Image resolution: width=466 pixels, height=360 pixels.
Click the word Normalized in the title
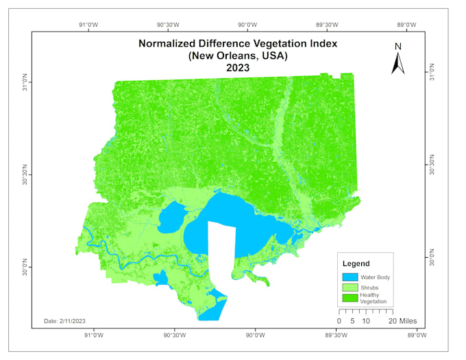(171, 43)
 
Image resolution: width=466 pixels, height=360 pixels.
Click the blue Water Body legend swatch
(350, 276)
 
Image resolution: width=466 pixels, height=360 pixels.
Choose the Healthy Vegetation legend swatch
(350, 298)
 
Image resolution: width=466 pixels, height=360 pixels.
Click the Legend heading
(356, 263)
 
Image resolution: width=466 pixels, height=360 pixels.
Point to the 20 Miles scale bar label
(402, 321)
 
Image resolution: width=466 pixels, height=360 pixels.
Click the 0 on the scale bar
(339, 321)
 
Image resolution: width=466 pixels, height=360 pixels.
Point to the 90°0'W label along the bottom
(256, 335)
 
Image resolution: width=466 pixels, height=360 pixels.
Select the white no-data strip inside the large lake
(221, 254)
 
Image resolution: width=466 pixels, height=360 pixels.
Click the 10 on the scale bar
(366, 321)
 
